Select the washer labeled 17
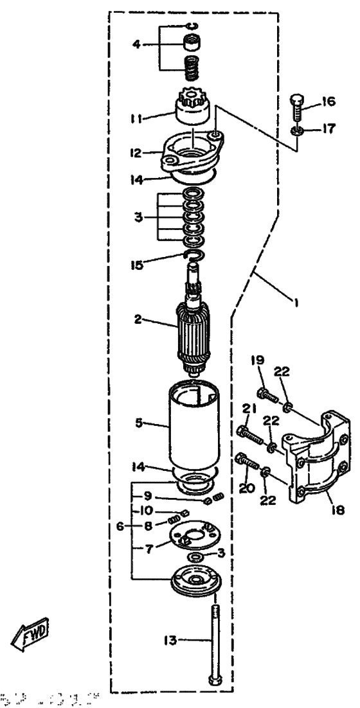[x=296, y=130]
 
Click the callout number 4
[x=136, y=44]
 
